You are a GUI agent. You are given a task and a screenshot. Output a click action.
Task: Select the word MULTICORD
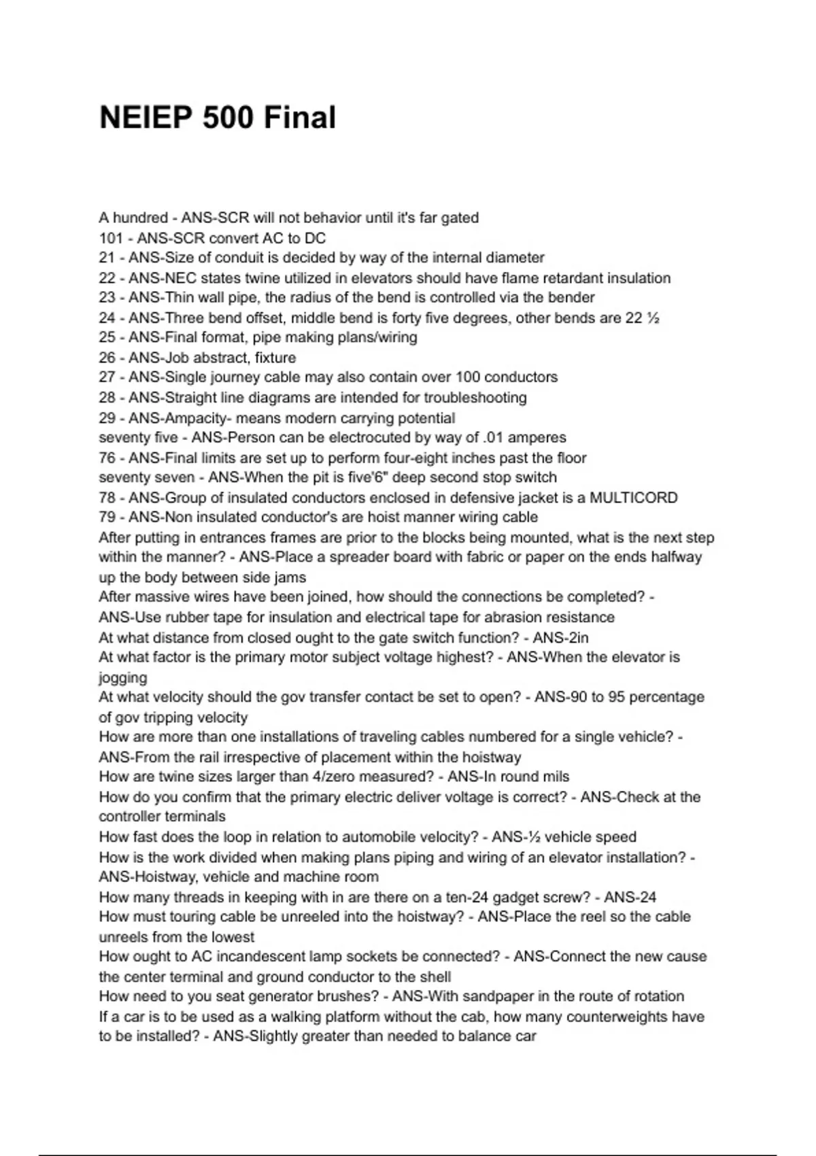coord(633,497)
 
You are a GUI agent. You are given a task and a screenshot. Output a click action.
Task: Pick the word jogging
coord(123,677)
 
